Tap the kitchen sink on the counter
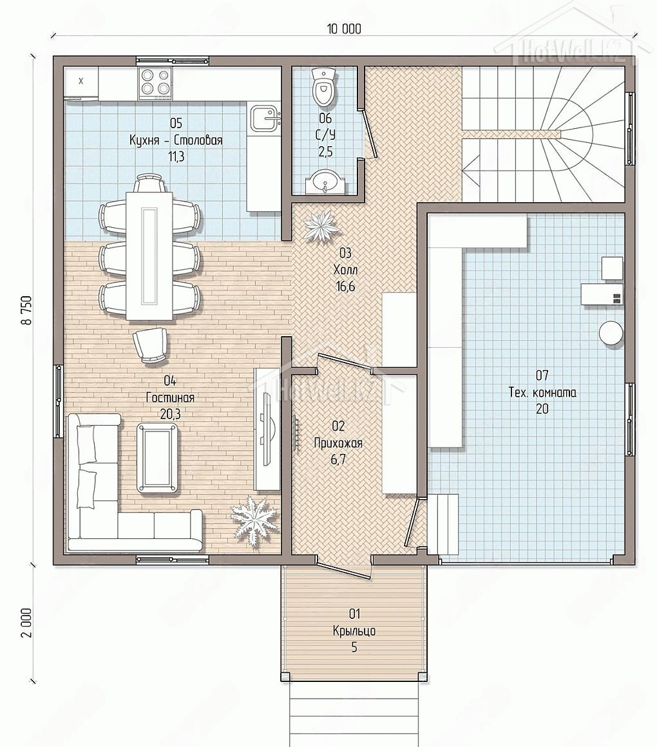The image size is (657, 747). point(264,118)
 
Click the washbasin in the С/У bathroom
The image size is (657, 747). point(324,181)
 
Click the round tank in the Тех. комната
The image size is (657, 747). point(611,332)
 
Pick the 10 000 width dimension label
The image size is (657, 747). point(343,29)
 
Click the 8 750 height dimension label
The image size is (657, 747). point(26,310)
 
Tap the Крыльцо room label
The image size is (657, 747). point(354,630)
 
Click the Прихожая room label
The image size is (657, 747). point(338,443)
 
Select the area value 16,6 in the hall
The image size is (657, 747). point(345,287)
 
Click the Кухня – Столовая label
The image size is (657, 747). point(176,140)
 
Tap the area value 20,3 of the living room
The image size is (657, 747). point(170,414)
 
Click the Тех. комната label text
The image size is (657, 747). point(542,392)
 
